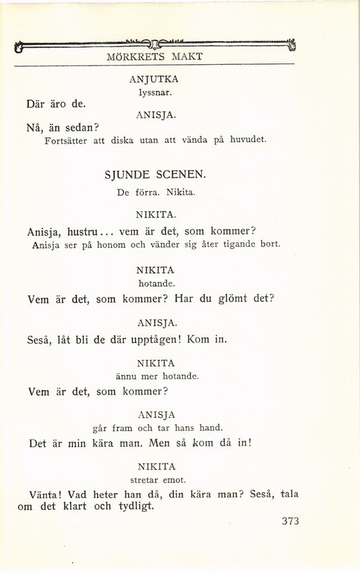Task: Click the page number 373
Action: (x=286, y=521)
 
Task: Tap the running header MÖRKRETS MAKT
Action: (x=154, y=57)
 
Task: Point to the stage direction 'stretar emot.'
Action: (x=156, y=479)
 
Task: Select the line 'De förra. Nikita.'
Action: (x=156, y=193)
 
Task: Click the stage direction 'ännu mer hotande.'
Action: (x=156, y=376)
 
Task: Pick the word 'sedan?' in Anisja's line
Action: (x=81, y=127)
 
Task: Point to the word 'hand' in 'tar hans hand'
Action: (x=210, y=428)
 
